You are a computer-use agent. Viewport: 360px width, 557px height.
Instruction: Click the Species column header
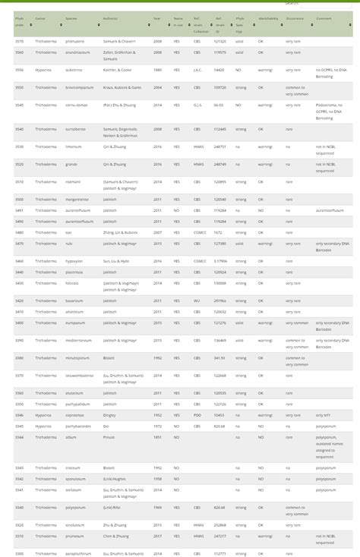click(x=72, y=18)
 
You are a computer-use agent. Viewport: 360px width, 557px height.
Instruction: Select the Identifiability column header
click(x=268, y=18)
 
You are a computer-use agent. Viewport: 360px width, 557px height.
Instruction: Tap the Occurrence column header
click(x=295, y=18)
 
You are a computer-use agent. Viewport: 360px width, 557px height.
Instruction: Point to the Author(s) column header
click(x=110, y=18)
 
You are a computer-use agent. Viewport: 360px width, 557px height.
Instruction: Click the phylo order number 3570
click(x=19, y=41)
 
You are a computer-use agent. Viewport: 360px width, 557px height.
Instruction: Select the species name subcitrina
click(x=74, y=69)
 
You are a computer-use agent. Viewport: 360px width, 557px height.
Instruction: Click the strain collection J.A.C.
click(x=197, y=69)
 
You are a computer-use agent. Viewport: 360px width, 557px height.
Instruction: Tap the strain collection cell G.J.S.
click(x=197, y=105)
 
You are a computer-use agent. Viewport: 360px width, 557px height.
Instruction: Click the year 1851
click(x=156, y=437)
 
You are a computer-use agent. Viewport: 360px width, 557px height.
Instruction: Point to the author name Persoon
click(x=109, y=437)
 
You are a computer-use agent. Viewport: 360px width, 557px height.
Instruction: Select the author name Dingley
click(x=109, y=415)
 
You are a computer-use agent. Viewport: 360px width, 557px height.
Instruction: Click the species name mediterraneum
click(x=77, y=340)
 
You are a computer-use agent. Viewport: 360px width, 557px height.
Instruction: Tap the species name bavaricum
click(x=74, y=301)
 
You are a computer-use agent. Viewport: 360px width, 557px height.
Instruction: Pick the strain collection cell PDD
click(x=197, y=415)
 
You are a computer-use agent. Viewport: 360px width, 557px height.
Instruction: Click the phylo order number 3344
click(x=19, y=437)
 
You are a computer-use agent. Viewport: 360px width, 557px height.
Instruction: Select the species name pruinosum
click(x=74, y=536)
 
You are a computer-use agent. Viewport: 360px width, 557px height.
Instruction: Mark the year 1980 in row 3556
click(x=156, y=69)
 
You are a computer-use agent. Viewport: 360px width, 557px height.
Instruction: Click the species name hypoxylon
click(x=74, y=260)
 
